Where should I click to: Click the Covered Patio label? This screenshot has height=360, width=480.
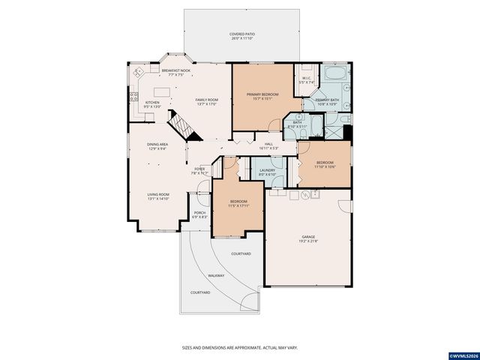241,34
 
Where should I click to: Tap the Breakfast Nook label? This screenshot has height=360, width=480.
175,70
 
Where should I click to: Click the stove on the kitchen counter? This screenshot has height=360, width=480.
133,97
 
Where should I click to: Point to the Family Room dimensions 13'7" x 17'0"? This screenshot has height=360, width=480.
206,104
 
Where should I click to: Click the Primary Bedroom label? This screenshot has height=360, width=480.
262,94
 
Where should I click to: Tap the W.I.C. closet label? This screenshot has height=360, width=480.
307,78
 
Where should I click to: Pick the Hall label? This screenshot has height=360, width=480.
268,144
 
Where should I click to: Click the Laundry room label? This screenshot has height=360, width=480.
268,170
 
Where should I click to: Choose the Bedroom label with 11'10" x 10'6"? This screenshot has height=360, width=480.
325,163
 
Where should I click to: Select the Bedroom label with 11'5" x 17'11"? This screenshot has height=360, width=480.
239,202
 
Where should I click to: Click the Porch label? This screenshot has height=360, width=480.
199,212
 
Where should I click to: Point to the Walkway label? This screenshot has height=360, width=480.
216,275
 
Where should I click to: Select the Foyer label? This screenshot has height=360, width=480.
200,169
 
